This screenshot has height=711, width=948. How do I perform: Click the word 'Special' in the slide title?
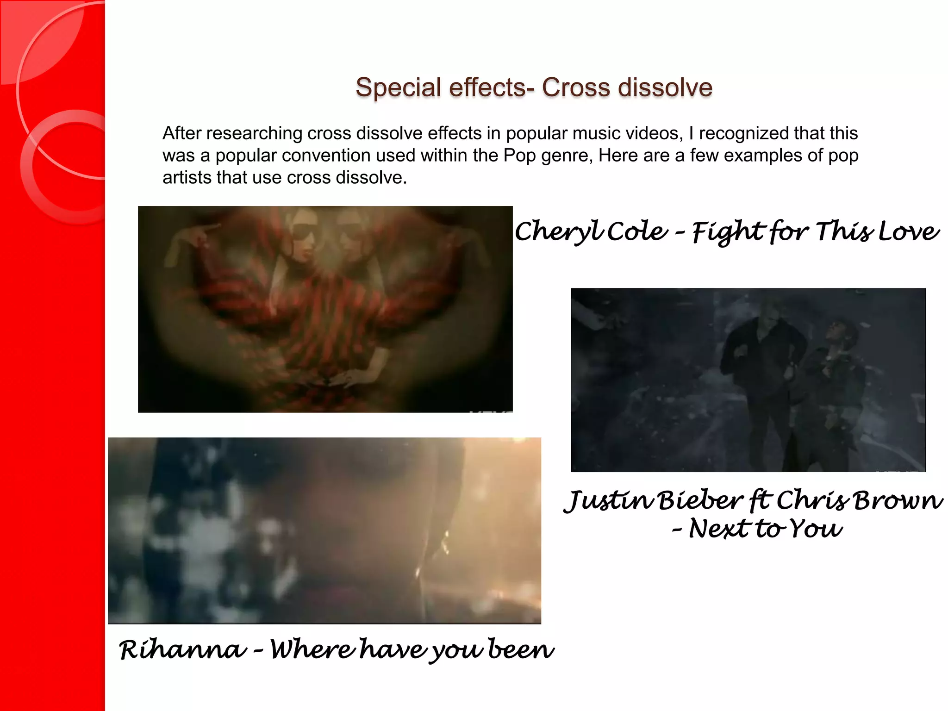[x=398, y=87]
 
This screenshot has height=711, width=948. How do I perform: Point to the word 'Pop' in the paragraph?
[x=519, y=156]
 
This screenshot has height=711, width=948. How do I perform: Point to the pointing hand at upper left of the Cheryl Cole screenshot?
[x=204, y=231]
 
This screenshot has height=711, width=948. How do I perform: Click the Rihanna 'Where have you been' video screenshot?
[x=324, y=530]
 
